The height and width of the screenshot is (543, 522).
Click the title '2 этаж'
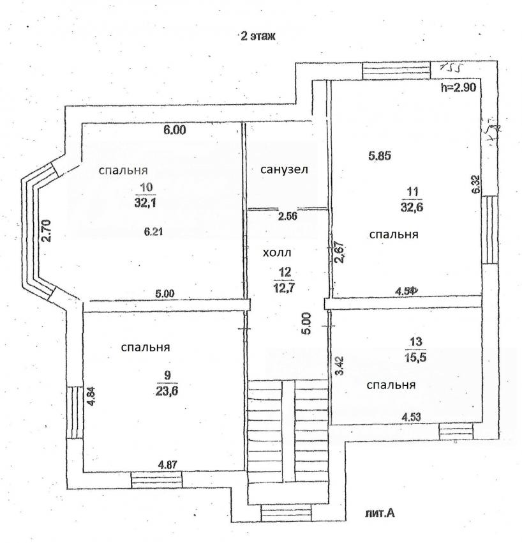pyautogui.click(x=258, y=37)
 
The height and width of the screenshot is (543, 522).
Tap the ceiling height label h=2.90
pyautogui.click(x=459, y=88)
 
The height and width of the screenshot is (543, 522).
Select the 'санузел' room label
pyautogui.click(x=284, y=170)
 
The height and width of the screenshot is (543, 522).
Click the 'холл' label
pyautogui.click(x=276, y=253)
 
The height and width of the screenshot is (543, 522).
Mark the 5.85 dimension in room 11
pyautogui.click(x=380, y=155)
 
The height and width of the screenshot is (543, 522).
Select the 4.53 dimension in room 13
pyautogui.click(x=412, y=417)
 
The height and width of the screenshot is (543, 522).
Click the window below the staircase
pyautogui.click(x=285, y=512)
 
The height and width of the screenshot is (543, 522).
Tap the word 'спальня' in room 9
pyautogui.click(x=145, y=348)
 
